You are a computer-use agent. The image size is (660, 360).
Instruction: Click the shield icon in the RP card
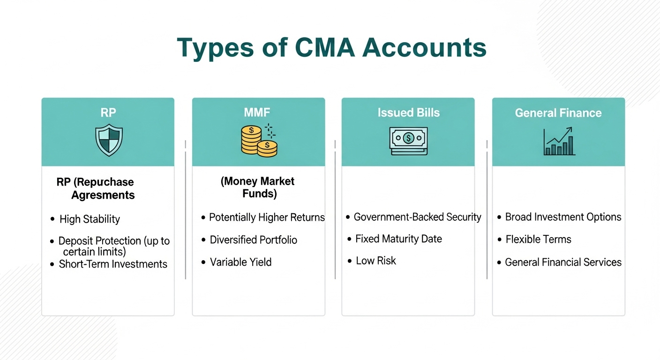109,140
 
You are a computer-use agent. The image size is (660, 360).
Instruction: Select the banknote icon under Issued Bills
408,141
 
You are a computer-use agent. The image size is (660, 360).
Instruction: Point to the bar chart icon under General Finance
559,142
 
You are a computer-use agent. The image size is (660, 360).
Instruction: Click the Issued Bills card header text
408,113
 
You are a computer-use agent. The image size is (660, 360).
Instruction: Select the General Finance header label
558,113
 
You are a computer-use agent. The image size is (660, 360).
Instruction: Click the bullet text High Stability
90,219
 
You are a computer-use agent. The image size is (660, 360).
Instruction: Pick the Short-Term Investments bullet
113,264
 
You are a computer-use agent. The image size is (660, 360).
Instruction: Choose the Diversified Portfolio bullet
253,240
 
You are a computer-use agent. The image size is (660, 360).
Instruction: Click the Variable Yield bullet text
240,262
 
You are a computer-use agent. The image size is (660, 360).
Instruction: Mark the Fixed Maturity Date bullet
398,239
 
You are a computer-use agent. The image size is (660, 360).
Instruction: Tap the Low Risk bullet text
376,261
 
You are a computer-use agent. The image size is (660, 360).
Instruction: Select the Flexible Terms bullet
538,240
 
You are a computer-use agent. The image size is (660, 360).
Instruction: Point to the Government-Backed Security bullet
417,217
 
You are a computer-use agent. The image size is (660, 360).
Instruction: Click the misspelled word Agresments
103,195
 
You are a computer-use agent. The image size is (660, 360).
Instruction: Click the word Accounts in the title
425,48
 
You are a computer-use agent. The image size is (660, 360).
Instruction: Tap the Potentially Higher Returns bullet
267,217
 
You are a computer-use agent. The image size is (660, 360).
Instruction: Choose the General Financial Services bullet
563,262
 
